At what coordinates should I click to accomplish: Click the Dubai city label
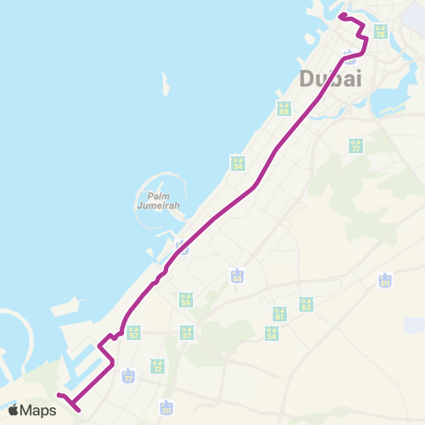click(331, 78)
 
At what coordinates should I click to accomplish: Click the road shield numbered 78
click(381, 31)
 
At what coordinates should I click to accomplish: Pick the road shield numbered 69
click(284, 109)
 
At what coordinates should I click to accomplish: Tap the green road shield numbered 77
click(356, 146)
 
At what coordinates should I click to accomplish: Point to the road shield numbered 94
click(237, 163)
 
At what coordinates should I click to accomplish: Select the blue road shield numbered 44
click(236, 276)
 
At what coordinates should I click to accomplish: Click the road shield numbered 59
click(185, 300)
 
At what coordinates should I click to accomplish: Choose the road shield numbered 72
click(157, 365)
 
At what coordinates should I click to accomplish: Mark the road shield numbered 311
click(166, 407)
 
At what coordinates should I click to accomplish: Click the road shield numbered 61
click(280, 313)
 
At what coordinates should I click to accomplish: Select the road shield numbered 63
click(306, 304)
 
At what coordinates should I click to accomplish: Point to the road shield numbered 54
click(272, 333)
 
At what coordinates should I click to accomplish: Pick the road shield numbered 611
click(384, 281)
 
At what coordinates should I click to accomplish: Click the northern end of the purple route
click(341, 16)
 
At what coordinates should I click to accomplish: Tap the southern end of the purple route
click(76, 410)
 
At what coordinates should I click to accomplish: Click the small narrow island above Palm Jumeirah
click(166, 85)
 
